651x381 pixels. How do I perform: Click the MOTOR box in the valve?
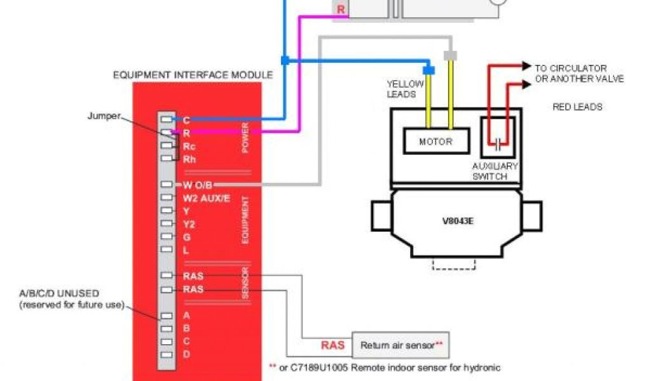pos(436,141)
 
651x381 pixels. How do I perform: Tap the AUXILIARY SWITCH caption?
pos(495,171)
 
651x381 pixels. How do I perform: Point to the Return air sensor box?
pos(401,345)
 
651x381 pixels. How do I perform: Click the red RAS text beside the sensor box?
pos(332,345)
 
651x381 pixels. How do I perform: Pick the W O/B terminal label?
pos(198,185)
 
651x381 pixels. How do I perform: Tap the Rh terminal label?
pos(189,159)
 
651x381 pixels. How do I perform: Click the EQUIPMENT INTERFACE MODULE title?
pos(193,75)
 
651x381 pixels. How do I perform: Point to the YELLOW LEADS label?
pos(401,89)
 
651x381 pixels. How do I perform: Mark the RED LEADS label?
pos(577,107)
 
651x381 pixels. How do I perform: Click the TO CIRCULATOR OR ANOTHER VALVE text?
pos(579,73)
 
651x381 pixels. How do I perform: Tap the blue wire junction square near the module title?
pos(285,60)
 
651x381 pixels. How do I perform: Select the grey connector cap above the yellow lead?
pos(450,56)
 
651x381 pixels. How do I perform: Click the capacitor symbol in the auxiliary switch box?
pos(499,144)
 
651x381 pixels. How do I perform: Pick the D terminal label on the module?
pos(186,354)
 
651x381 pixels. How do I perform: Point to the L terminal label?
pos(186,250)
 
